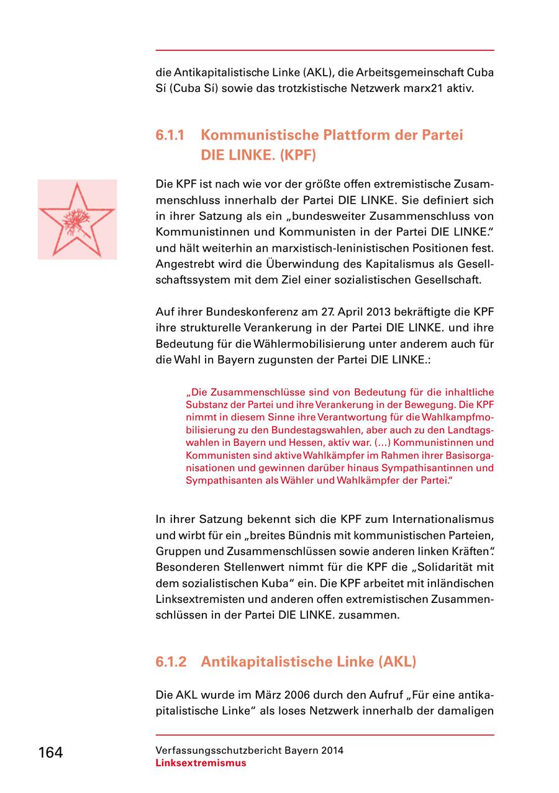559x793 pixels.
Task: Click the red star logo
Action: pos(77,219)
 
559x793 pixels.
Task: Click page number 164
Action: pos(50,753)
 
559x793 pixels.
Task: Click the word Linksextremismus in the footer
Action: pos(201,763)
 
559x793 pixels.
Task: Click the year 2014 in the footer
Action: pos(332,750)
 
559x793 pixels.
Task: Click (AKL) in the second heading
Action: pos(396,661)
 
